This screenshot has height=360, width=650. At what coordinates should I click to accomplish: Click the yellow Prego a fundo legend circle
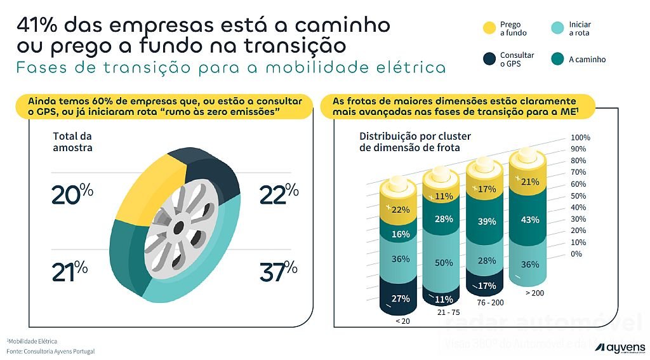pos(489,29)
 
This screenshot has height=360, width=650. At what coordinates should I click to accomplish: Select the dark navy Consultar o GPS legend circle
pos(489,60)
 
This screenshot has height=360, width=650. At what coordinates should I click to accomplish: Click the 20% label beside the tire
pos(72,194)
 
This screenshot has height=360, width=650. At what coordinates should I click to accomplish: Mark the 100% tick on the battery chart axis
pos(580,138)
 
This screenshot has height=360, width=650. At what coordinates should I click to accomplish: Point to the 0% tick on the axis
pos(576,254)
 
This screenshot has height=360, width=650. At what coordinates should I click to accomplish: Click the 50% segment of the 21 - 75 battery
pos(444,263)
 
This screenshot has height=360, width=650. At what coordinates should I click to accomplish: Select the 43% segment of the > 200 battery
pos(530,220)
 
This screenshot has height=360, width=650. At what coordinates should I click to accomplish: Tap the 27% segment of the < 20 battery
pos(401,298)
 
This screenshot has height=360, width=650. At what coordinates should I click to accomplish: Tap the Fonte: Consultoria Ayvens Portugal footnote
pos(51,351)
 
